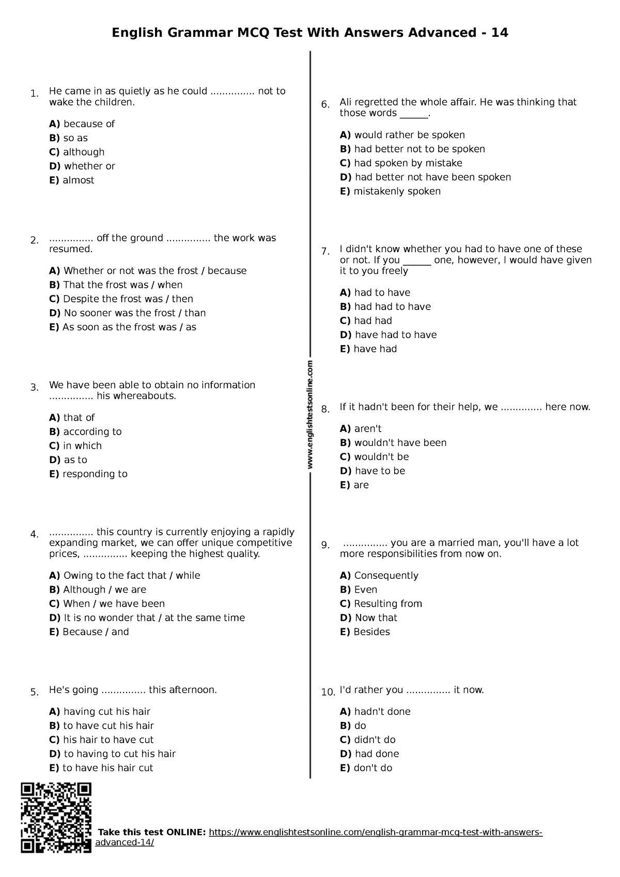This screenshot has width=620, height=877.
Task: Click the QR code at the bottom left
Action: point(56,818)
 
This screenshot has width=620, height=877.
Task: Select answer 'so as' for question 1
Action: point(75,138)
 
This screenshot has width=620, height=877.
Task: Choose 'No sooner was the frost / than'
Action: point(134,313)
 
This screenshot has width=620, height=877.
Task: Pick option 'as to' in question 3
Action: point(75,459)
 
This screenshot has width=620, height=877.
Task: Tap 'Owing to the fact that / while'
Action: point(131,575)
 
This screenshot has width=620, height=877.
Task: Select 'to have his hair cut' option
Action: point(107,767)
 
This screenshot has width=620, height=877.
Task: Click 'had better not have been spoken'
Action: point(432,177)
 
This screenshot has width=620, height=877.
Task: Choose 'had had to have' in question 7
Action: point(392,306)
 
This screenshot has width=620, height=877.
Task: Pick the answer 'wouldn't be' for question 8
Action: point(381,456)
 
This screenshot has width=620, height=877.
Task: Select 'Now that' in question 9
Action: point(376,618)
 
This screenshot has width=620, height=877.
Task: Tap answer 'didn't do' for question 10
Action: point(375,740)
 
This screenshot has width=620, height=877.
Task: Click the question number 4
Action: point(35,534)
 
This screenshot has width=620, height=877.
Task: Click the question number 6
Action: point(326,105)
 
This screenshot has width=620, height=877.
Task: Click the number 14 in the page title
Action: point(500,33)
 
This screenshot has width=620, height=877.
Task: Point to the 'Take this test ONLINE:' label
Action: point(152,833)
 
